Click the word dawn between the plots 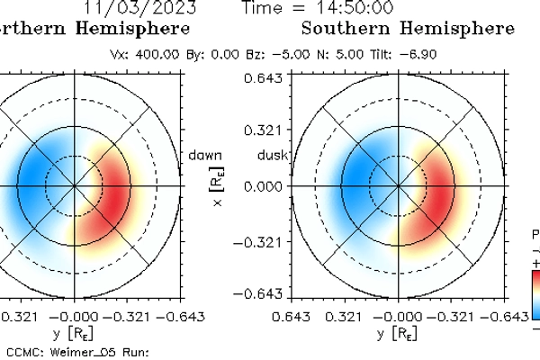point(205,155)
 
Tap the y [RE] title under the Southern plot point(397,335)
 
